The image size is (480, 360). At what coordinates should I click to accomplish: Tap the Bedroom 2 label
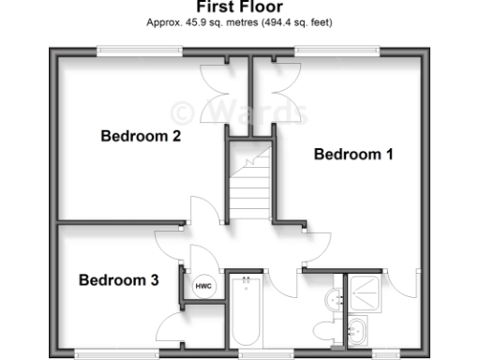[141, 137]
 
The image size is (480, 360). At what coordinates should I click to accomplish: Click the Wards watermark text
[239, 112]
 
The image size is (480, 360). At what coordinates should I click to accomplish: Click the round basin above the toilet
[333, 300]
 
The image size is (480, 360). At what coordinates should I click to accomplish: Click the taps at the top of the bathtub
[247, 279]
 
